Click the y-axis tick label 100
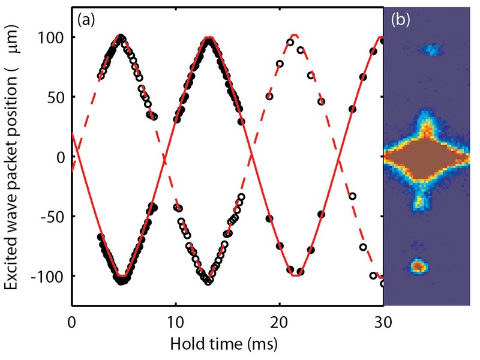coord(55,37)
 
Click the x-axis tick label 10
coord(175,322)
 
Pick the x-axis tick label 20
coord(278,322)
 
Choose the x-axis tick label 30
coord(382,322)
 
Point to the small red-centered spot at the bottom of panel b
coord(417,265)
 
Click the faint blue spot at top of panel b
coord(430,50)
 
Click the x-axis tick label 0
coord(72,322)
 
